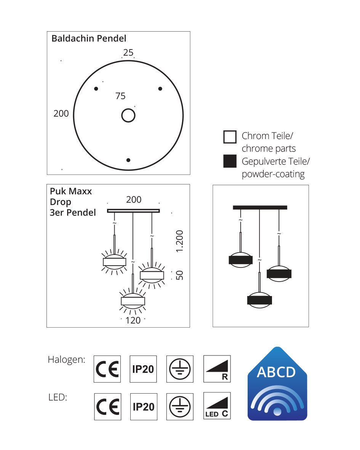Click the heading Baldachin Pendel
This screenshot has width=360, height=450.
(89, 38)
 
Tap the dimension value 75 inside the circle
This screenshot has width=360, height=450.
(120, 96)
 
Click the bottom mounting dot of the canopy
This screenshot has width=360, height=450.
(128, 160)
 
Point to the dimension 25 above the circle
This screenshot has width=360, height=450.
(128, 53)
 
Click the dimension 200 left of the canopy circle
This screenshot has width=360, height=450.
(61, 114)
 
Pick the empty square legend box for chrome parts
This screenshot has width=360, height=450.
(230, 137)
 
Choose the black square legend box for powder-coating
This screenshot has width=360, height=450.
(230, 161)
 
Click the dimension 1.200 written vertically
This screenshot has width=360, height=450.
(179, 241)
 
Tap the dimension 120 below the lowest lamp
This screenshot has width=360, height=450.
(133, 320)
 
